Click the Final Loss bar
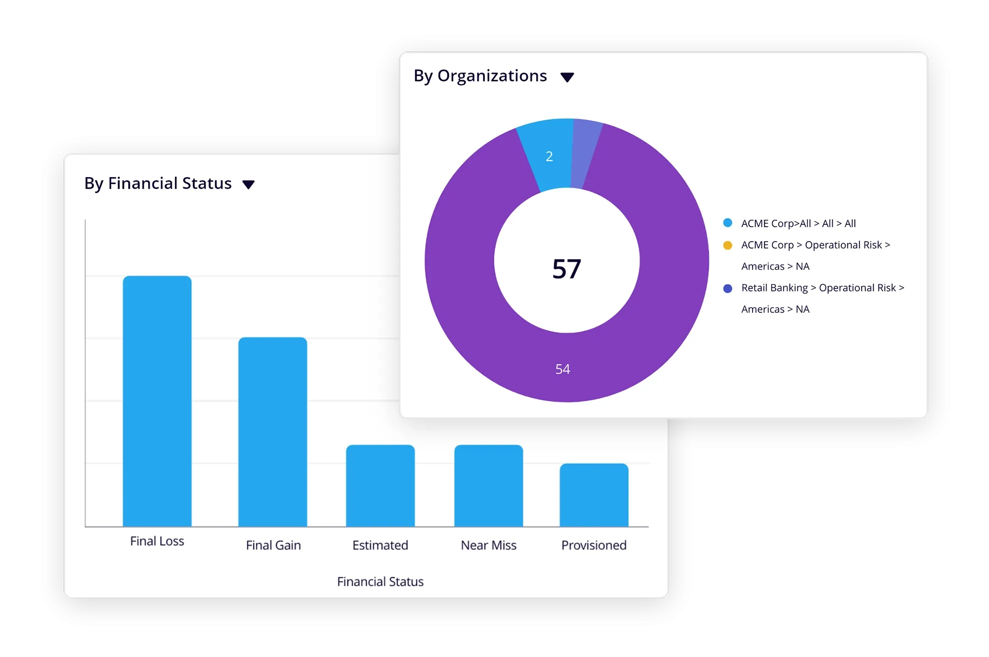pyautogui.click(x=157, y=400)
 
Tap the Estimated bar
pyautogui.click(x=380, y=485)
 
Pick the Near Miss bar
pyautogui.click(x=488, y=485)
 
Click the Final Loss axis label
pyautogui.click(x=157, y=541)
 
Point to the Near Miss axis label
pyautogui.click(x=488, y=545)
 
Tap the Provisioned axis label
pyautogui.click(x=594, y=545)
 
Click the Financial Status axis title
pyautogui.click(x=380, y=582)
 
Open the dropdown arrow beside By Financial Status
pyautogui.click(x=248, y=185)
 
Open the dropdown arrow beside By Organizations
pyautogui.click(x=567, y=78)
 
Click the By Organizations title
pyautogui.click(x=480, y=76)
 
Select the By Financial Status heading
pyautogui.click(x=158, y=184)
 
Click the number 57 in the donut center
pyautogui.click(x=566, y=269)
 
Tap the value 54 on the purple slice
pyautogui.click(x=562, y=369)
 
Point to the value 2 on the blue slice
pyautogui.click(x=549, y=157)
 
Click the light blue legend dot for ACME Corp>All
pyautogui.click(x=728, y=223)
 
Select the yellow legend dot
pyautogui.click(x=728, y=245)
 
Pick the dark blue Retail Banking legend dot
pyautogui.click(x=728, y=288)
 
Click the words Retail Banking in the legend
pyautogui.click(x=774, y=288)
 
